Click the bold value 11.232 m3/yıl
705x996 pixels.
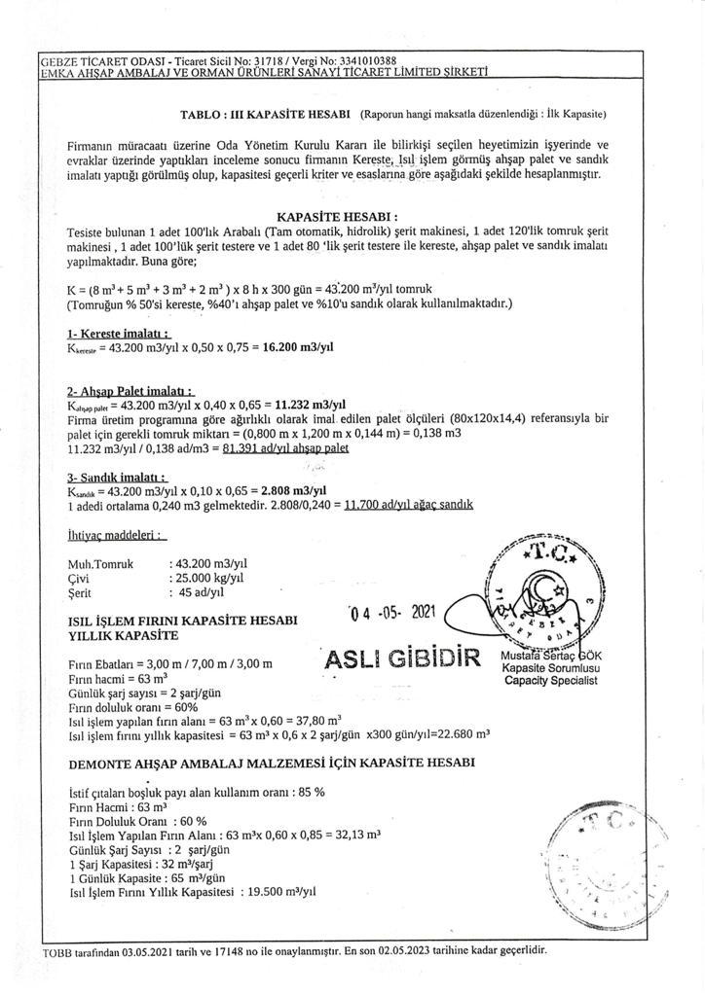[x=312, y=405]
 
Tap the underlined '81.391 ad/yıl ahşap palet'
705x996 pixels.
[x=285, y=448]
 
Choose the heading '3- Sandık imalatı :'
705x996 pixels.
[x=116, y=478]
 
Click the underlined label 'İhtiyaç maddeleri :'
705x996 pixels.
[x=116, y=535]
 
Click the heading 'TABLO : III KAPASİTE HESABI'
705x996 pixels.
[x=265, y=114]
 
